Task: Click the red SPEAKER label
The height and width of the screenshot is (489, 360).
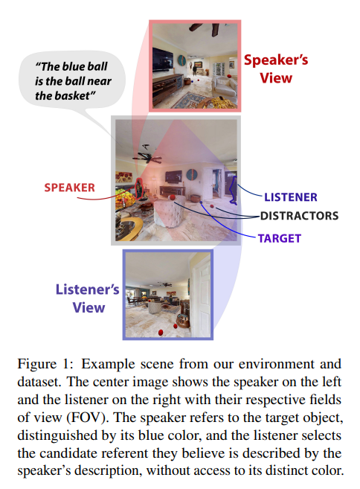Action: click(x=69, y=188)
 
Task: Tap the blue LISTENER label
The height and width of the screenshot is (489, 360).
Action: click(x=291, y=197)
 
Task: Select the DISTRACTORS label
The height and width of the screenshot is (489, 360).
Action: click(x=299, y=216)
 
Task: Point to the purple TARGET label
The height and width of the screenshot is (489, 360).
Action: click(x=279, y=238)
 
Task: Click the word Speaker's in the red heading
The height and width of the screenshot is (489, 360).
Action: click(x=276, y=60)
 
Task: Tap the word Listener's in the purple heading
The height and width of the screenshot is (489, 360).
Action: click(x=87, y=290)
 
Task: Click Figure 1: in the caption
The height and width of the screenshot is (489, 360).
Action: click(x=45, y=364)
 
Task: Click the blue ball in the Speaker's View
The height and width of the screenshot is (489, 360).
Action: click(x=193, y=81)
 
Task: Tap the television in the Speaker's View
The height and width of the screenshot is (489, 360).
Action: click(x=162, y=60)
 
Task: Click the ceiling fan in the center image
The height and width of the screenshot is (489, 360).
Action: click(x=147, y=156)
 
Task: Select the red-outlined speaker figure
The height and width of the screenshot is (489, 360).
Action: click(x=139, y=188)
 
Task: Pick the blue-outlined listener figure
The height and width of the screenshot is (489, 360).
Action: click(x=233, y=189)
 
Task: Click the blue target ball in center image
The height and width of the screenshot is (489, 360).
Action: click(x=201, y=202)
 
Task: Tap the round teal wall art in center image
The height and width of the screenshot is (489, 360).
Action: click(x=192, y=175)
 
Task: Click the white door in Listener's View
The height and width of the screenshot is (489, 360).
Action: click(x=201, y=296)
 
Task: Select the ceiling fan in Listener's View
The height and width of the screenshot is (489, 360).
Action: click(x=164, y=284)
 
